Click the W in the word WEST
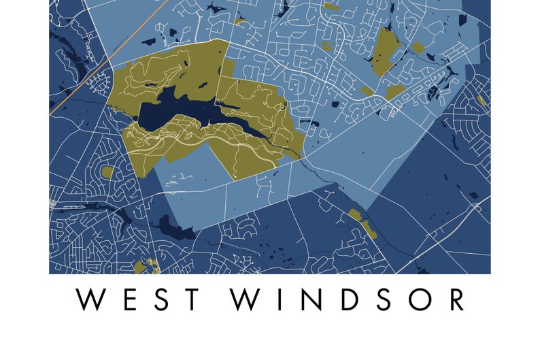90,300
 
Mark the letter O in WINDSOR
420,300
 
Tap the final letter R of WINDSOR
455,300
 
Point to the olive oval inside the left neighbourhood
107,171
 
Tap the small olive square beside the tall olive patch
418,47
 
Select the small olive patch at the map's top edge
331,6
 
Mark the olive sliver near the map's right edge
482,100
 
